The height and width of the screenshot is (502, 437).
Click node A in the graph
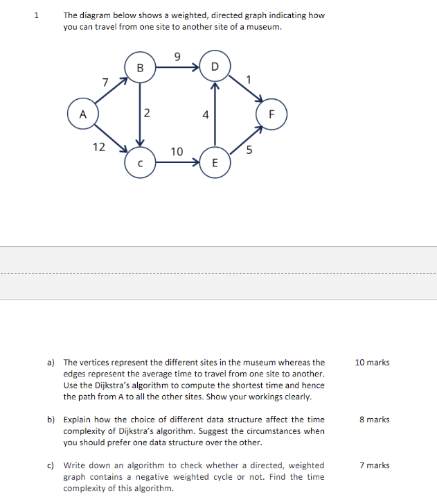pyautogui.click(x=82, y=114)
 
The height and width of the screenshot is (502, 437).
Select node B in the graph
pyautogui.click(x=140, y=67)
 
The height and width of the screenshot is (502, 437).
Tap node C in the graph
pyautogui.click(x=140, y=163)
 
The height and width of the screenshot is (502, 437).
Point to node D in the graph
pyautogui.click(x=214, y=67)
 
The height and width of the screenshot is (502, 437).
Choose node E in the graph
pyautogui.click(x=214, y=163)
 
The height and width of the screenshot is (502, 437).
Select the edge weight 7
pyautogui.click(x=105, y=83)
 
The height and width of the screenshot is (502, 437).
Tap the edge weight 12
pyautogui.click(x=99, y=146)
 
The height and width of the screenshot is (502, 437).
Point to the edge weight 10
pyautogui.click(x=177, y=151)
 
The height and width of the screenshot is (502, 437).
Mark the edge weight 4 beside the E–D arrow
pyautogui.click(x=206, y=115)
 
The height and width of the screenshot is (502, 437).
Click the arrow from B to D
pyautogui.click(x=177, y=68)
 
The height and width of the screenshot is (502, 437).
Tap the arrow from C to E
pyautogui.click(x=177, y=163)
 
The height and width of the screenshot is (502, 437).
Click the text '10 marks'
pyautogui.click(x=372, y=363)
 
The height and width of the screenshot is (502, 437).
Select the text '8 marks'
pyautogui.click(x=374, y=419)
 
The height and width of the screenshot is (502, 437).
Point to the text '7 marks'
pyautogui.click(x=374, y=465)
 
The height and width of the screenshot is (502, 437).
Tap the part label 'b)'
pyautogui.click(x=51, y=419)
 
